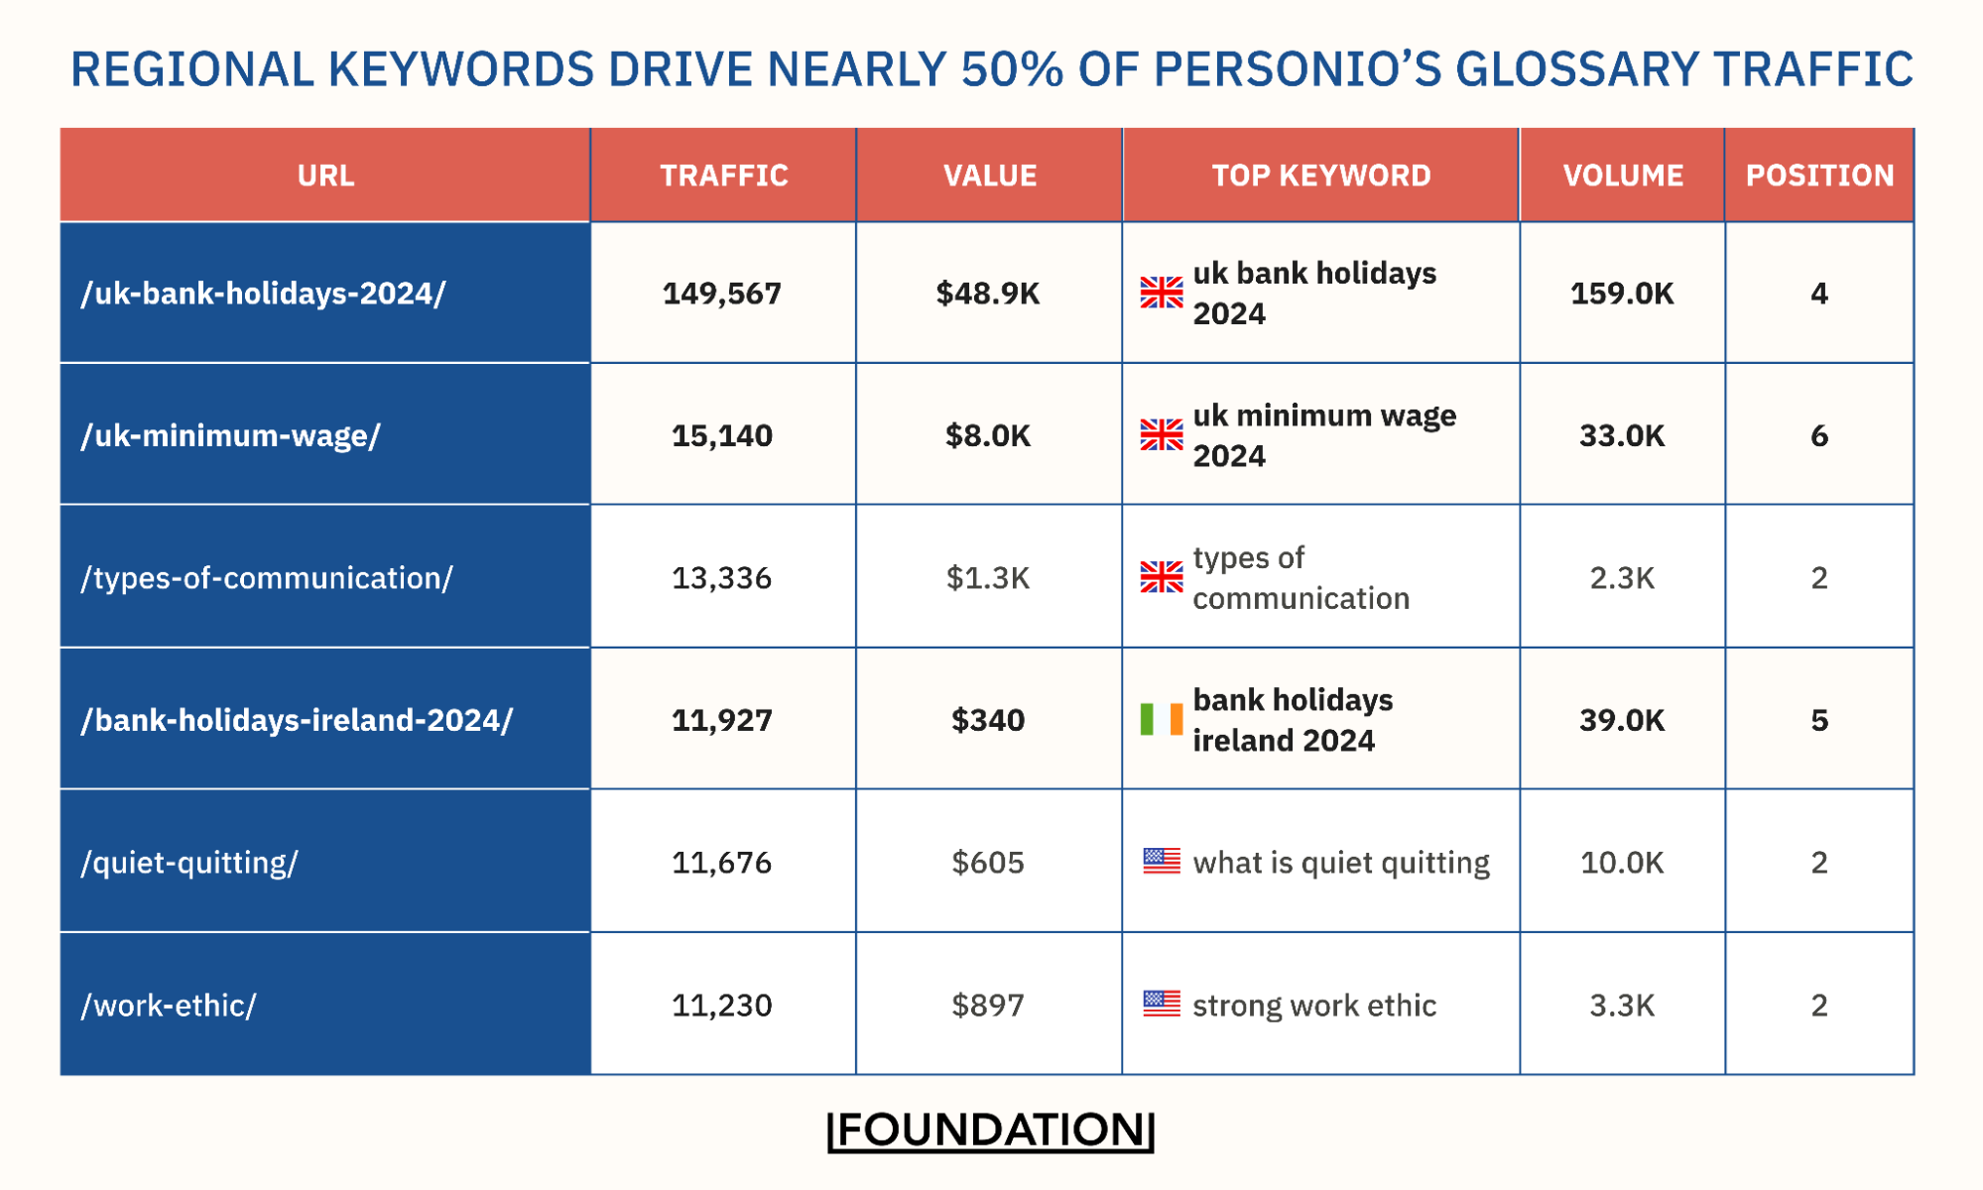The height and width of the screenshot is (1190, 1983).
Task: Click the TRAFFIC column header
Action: (723, 176)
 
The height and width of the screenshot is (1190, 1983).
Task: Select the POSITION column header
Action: (1819, 176)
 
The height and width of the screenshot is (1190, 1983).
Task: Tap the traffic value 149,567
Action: (721, 294)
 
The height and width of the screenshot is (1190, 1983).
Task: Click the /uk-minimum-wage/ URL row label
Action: (230, 435)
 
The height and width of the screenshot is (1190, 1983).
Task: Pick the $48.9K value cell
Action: (988, 294)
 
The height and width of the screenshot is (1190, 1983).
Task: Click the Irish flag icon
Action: (1161, 719)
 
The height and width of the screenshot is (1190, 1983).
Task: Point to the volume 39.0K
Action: (1622, 720)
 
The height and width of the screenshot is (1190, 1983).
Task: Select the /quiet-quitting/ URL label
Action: (189, 862)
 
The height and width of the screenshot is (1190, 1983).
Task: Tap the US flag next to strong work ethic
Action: (1161, 1004)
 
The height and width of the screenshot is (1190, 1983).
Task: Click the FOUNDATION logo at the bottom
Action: (991, 1130)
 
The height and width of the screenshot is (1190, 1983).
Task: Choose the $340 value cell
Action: (988, 720)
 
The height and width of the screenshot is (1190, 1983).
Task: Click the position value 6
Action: (1818, 435)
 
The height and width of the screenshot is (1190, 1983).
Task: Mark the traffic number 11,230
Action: (721, 1005)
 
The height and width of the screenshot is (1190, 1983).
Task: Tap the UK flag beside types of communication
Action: (1161, 576)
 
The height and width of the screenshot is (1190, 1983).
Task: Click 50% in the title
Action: (1012, 69)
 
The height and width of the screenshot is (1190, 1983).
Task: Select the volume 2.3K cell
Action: (1622, 577)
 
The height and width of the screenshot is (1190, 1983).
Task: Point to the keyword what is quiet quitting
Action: (1340, 862)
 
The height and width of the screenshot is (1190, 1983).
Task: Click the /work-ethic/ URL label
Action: (169, 1005)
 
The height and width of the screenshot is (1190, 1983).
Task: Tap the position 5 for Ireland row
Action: (1818, 720)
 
